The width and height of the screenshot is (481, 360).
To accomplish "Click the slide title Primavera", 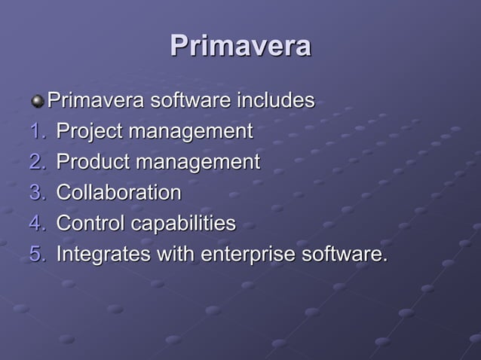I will tap(240, 46).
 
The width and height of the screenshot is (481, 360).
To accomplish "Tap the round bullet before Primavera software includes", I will tap(38, 100).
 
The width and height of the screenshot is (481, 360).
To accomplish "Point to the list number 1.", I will tap(38, 132).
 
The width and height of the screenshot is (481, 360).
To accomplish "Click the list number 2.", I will tap(38, 162).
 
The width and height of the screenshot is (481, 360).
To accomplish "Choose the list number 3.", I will tap(38, 193).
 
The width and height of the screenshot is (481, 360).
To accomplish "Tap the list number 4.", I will tap(38, 224).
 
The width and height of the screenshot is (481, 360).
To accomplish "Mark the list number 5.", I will tap(38, 254).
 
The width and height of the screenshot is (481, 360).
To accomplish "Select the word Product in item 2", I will tap(91, 162).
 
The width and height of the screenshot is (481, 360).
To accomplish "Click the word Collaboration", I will tap(119, 193).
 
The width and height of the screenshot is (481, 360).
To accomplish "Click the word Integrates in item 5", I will tap(102, 254).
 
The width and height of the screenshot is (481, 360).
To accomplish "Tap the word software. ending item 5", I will tap(344, 254).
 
